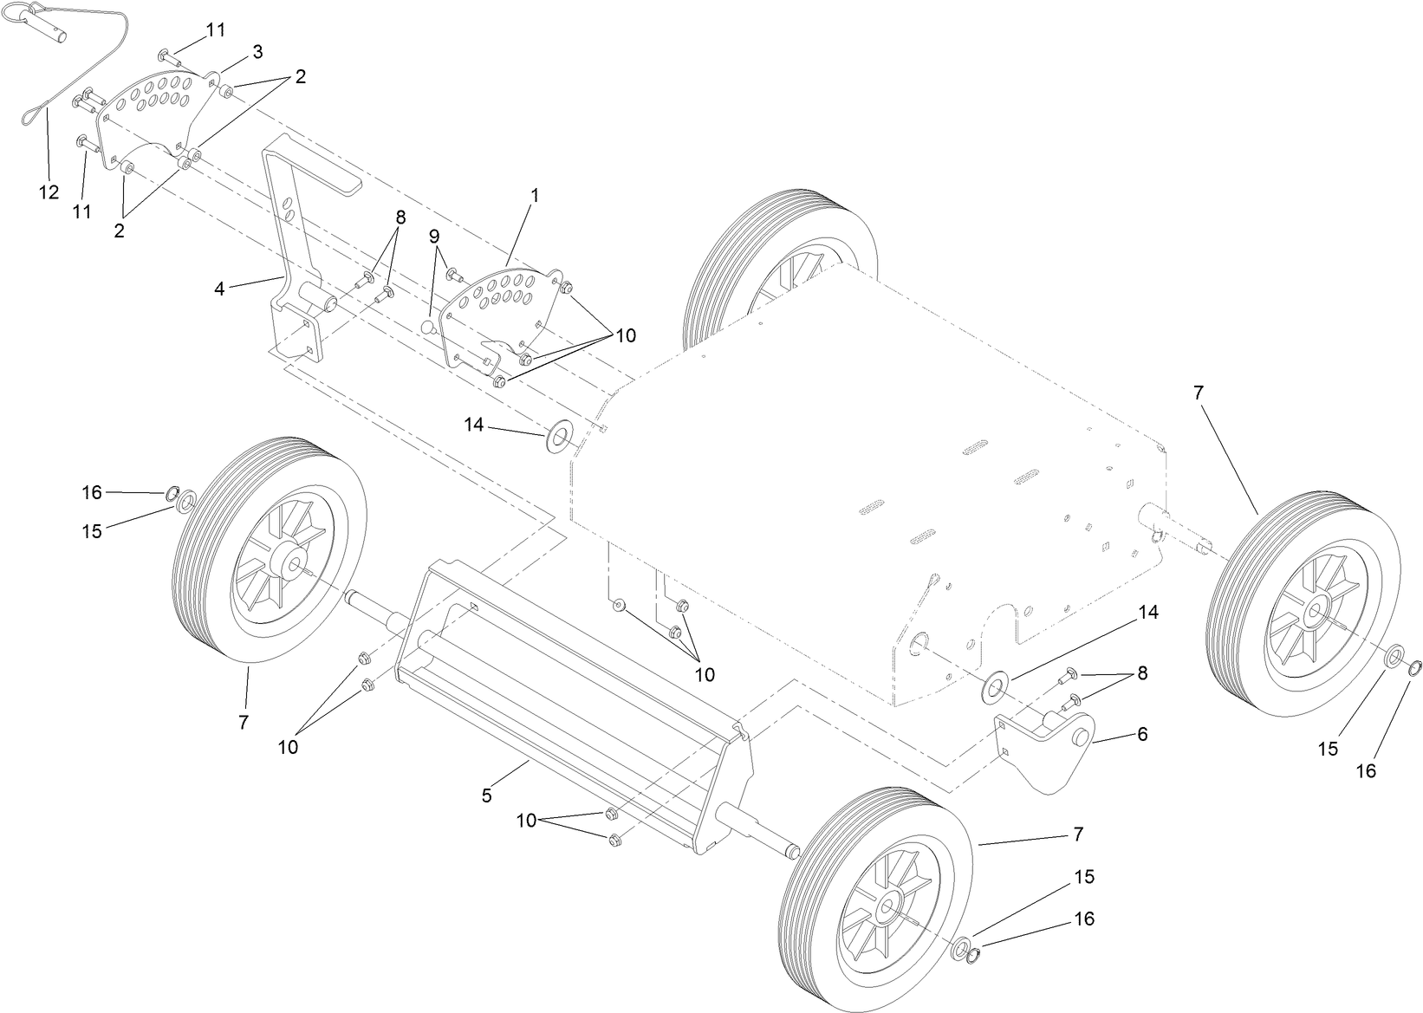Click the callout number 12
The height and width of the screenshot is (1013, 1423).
click(x=49, y=192)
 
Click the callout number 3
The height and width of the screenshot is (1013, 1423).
click(x=257, y=52)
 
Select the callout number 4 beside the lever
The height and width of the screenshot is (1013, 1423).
click(x=219, y=289)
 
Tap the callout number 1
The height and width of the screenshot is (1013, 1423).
click(x=535, y=196)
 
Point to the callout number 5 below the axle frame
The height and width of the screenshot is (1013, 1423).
click(x=486, y=794)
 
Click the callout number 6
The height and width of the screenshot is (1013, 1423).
click(x=1142, y=734)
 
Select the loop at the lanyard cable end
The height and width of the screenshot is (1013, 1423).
click(x=29, y=113)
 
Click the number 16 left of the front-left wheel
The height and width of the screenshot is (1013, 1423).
click(x=92, y=492)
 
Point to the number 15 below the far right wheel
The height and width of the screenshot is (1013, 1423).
click(x=1328, y=749)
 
